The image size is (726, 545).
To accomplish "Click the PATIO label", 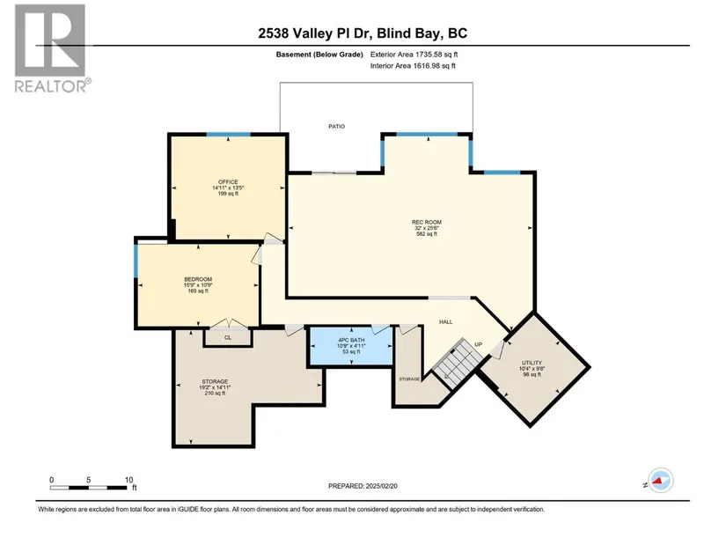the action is (337, 126).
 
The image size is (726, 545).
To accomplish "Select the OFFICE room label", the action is (228, 182).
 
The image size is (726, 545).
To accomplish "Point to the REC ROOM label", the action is (427, 222).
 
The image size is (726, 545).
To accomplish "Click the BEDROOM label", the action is (198, 279).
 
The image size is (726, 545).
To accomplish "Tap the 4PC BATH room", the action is (351, 346).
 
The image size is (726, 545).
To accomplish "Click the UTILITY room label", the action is (532, 363).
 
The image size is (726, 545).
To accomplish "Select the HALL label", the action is (446, 321).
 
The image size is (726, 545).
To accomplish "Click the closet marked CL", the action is (228, 337).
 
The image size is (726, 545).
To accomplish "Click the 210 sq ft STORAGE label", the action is (215, 381).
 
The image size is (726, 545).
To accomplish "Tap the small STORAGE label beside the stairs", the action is (409, 379).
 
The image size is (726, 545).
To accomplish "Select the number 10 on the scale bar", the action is (128, 480).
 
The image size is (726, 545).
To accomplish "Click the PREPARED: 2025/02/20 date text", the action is (363, 486).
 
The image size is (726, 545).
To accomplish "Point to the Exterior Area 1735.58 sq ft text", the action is (414, 55).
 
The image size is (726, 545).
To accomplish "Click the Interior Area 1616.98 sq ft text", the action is (413, 66).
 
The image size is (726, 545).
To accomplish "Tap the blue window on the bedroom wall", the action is (136, 261).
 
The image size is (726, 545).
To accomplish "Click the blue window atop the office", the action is (229, 135).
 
